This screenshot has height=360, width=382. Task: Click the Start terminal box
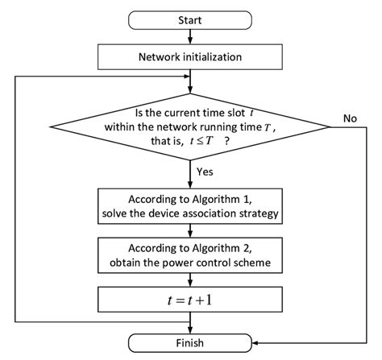(x=191, y=19)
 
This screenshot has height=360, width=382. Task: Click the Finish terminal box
(x=191, y=342)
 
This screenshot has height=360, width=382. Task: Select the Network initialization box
(x=191, y=56)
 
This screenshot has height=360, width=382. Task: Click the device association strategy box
(x=191, y=205)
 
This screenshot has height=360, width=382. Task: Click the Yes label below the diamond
(x=205, y=172)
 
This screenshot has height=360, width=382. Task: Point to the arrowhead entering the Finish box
(x=191, y=329)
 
